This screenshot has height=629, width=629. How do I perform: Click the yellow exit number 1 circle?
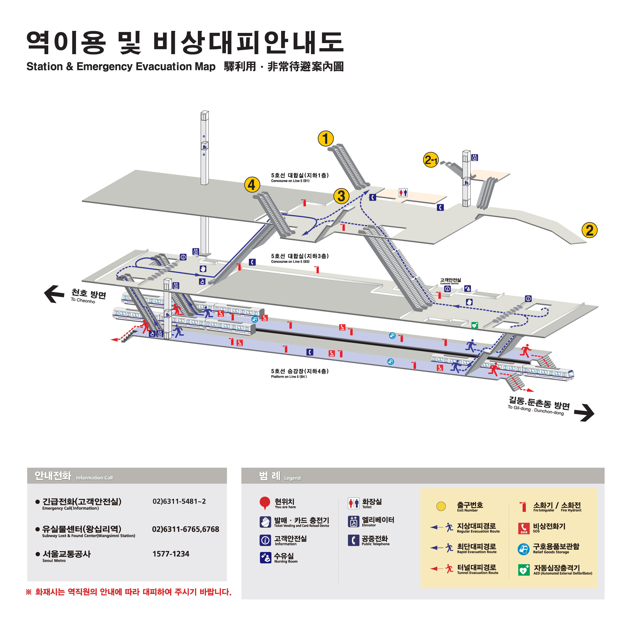click(326, 139)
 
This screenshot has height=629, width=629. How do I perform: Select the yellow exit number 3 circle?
click(341, 196)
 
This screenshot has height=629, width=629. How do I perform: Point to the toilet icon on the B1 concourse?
click(403, 193)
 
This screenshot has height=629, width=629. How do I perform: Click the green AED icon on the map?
click(475, 325)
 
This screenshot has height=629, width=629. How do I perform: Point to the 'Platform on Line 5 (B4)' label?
click(289, 377)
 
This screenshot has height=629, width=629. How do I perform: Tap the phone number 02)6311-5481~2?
click(179, 501)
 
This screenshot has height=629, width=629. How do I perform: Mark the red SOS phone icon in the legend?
click(523, 528)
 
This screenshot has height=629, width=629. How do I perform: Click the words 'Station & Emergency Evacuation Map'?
click(121, 67)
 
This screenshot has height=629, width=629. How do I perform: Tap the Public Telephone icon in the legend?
click(353, 540)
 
